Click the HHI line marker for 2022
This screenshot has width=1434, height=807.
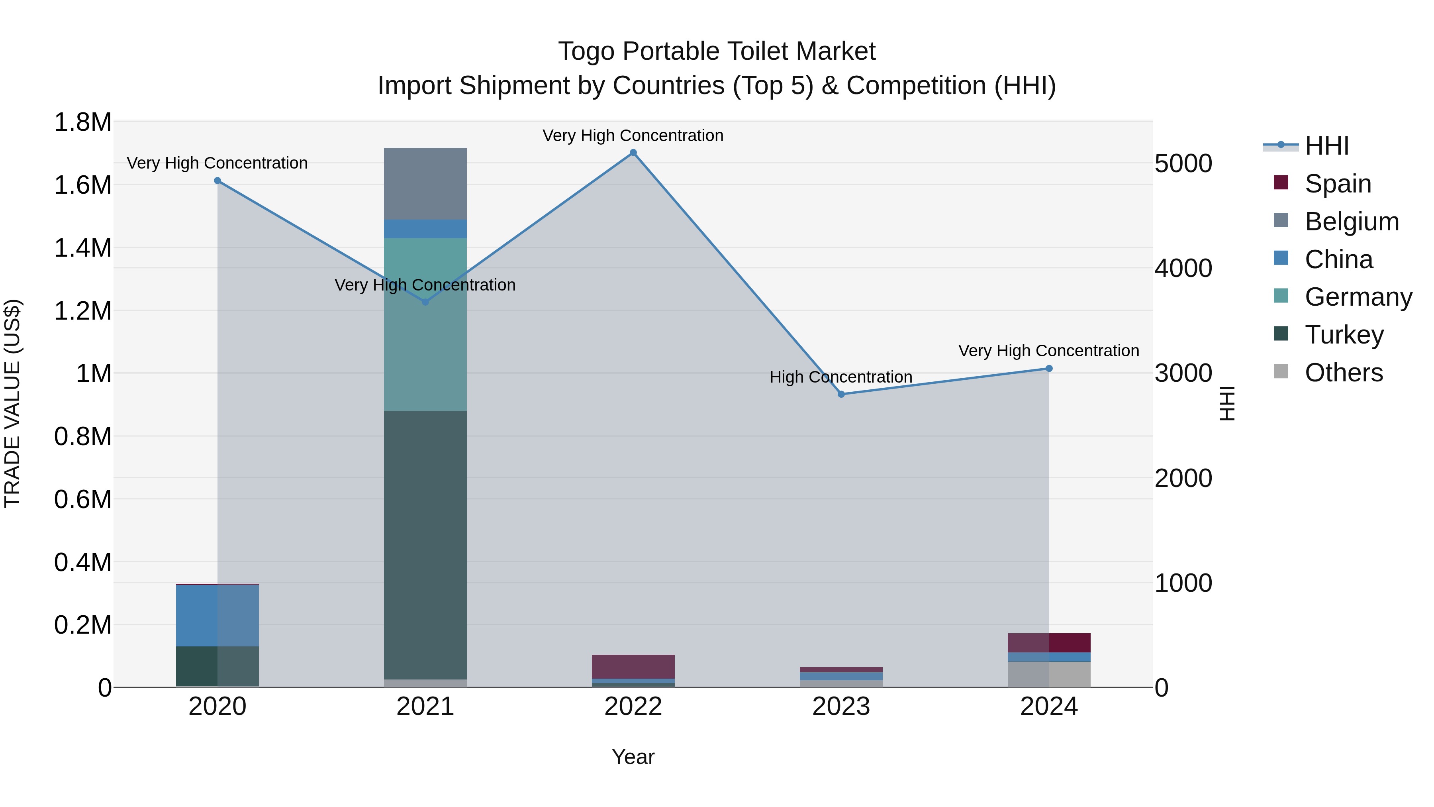pyautogui.click(x=633, y=153)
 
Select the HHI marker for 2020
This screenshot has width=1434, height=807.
pyautogui.click(x=217, y=181)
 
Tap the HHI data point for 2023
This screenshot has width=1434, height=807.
pyautogui.click(x=841, y=394)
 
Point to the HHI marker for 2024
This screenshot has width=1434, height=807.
pyautogui.click(x=1049, y=368)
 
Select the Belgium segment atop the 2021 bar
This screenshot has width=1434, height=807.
pyautogui.click(x=425, y=184)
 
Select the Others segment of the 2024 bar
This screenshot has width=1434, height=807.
pyautogui.click(x=1049, y=674)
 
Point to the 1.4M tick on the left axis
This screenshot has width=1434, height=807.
pyautogui.click(x=83, y=248)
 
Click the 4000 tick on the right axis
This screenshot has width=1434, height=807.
pyautogui.click(x=1183, y=269)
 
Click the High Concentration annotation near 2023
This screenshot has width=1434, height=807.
pyautogui.click(x=840, y=377)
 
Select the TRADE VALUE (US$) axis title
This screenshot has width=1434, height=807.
pyautogui.click(x=12, y=403)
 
